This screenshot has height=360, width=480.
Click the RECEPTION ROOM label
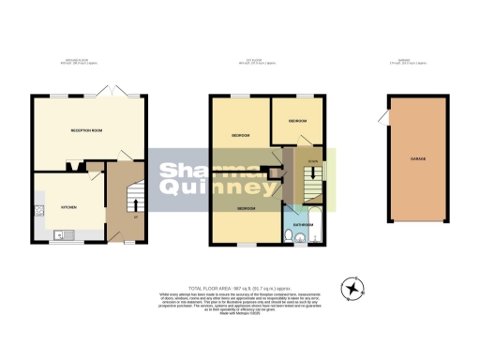pos(85,130)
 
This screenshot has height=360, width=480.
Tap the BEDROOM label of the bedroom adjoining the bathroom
pos(247,207)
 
